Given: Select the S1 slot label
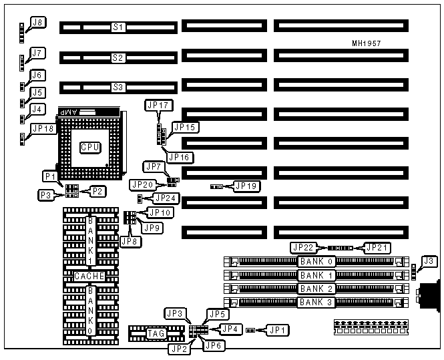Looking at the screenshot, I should click(x=118, y=28).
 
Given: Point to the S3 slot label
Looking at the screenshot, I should click(x=118, y=87).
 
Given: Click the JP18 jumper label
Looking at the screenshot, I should click(x=44, y=128).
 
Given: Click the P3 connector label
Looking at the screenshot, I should click(x=47, y=194).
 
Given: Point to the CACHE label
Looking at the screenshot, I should click(x=89, y=276).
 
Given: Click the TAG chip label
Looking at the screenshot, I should click(x=156, y=333).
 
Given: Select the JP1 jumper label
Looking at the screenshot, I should click(x=276, y=329).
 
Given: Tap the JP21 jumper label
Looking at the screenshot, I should click(x=376, y=247).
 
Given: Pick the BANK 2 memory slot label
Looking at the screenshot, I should click(x=316, y=289).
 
